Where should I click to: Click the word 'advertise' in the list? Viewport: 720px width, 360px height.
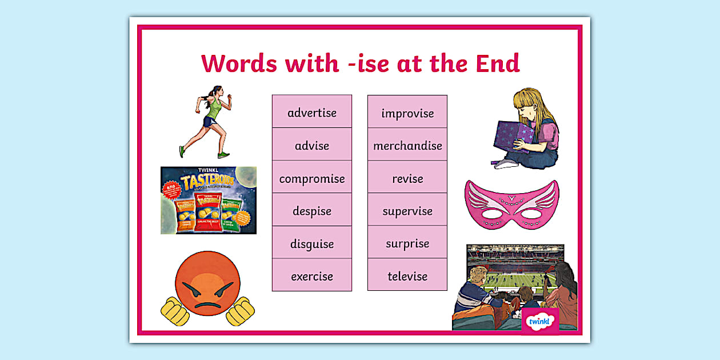pyautogui.click(x=312, y=113)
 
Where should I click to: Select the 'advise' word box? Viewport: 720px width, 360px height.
pyautogui.click(x=312, y=146)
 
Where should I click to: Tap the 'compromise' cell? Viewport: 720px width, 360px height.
pyautogui.click(x=312, y=179)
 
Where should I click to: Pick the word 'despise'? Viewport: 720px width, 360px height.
pyautogui.click(x=312, y=211)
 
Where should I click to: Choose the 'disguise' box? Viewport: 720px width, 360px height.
pyautogui.click(x=312, y=244)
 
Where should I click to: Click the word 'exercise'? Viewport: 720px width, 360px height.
pyautogui.click(x=312, y=277)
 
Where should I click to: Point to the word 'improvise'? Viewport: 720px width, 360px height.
pyautogui.click(x=407, y=113)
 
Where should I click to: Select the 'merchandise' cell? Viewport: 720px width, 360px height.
pyautogui.click(x=407, y=146)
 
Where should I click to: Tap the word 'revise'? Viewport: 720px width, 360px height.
pyautogui.click(x=407, y=179)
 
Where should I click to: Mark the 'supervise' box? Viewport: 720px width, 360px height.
pyautogui.click(x=407, y=211)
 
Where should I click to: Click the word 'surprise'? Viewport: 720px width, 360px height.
pyautogui.click(x=407, y=244)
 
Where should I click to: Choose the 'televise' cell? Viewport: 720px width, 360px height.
pyautogui.click(x=407, y=277)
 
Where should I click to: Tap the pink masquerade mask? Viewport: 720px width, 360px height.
pyautogui.click(x=511, y=205)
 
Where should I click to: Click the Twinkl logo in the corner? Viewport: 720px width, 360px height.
pyautogui.click(x=539, y=321)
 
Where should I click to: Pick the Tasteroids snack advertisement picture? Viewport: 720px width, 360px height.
pyautogui.click(x=209, y=200)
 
